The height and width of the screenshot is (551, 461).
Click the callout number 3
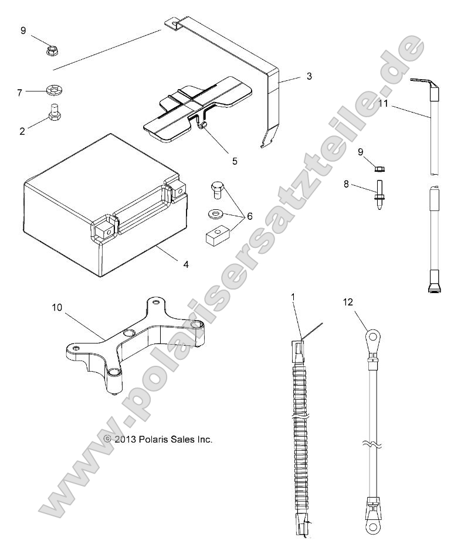click(x=309, y=76)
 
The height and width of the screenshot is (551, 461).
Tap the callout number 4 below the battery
click(x=186, y=264)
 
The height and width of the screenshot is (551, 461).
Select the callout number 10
click(x=57, y=308)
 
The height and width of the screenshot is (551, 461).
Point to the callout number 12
click(x=348, y=302)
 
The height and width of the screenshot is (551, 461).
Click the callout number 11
click(x=384, y=103)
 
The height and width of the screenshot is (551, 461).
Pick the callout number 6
click(x=250, y=216)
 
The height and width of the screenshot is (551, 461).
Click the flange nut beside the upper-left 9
click(x=52, y=50)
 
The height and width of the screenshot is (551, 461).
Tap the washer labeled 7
click(x=54, y=91)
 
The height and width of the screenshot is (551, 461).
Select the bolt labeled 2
click(x=54, y=113)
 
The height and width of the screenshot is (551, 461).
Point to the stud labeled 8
click(x=379, y=195)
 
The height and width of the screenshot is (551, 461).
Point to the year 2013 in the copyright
click(x=125, y=439)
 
